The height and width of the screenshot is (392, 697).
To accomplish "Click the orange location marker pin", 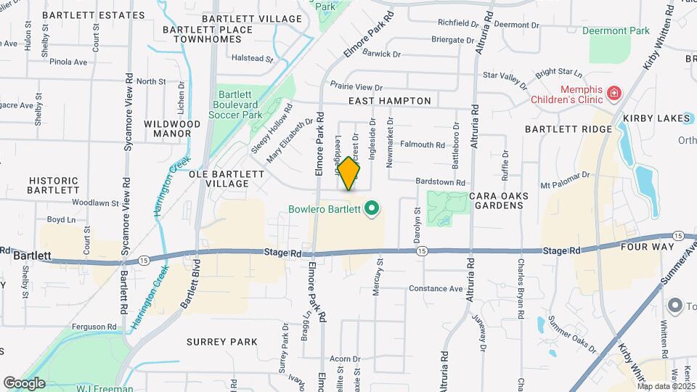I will (x=349, y=173).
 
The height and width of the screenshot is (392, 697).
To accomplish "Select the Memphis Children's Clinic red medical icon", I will (x=614, y=93).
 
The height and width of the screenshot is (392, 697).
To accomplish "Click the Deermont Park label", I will (x=619, y=31).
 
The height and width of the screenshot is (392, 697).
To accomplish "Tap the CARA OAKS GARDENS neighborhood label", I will (x=496, y=200).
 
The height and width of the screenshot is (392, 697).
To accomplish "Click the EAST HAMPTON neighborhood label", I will (x=389, y=101).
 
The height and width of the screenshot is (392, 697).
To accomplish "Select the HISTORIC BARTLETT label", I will (x=52, y=184).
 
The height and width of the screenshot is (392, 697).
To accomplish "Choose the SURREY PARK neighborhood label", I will (x=221, y=341).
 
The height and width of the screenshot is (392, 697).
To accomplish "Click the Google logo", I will (x=24, y=383).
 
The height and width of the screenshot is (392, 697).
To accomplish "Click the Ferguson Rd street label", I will (x=91, y=326).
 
